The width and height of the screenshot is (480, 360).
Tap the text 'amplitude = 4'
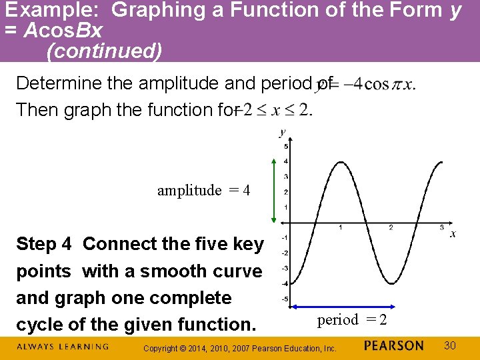(x=203, y=191)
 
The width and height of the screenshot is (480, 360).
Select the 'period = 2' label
(x=351, y=320)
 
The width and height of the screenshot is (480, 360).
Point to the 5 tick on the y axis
(x=286, y=147)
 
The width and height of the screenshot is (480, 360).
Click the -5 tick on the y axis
(x=285, y=299)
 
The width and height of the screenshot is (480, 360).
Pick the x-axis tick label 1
(x=341, y=228)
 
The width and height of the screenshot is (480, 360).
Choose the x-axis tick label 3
(x=441, y=228)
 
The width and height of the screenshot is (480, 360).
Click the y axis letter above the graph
(x=283, y=132)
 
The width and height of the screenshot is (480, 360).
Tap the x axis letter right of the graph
(x=453, y=234)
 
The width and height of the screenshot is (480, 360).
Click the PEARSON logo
(x=394, y=345)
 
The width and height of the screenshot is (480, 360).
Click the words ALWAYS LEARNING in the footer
(x=62, y=347)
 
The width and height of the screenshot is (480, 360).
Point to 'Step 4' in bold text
(x=43, y=244)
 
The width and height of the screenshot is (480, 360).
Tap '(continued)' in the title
(x=104, y=51)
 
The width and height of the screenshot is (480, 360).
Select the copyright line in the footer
(x=241, y=348)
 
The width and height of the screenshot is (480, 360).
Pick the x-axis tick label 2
(x=391, y=228)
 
